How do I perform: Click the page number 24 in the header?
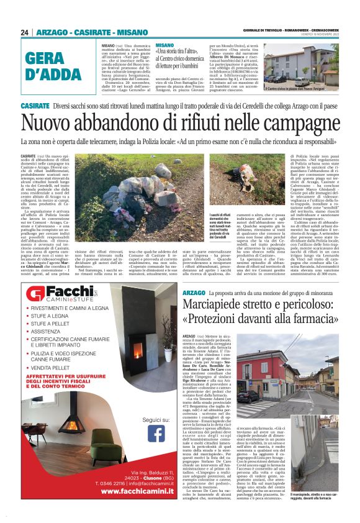pos(25,32)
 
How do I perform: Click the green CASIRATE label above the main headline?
pos(35,106)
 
